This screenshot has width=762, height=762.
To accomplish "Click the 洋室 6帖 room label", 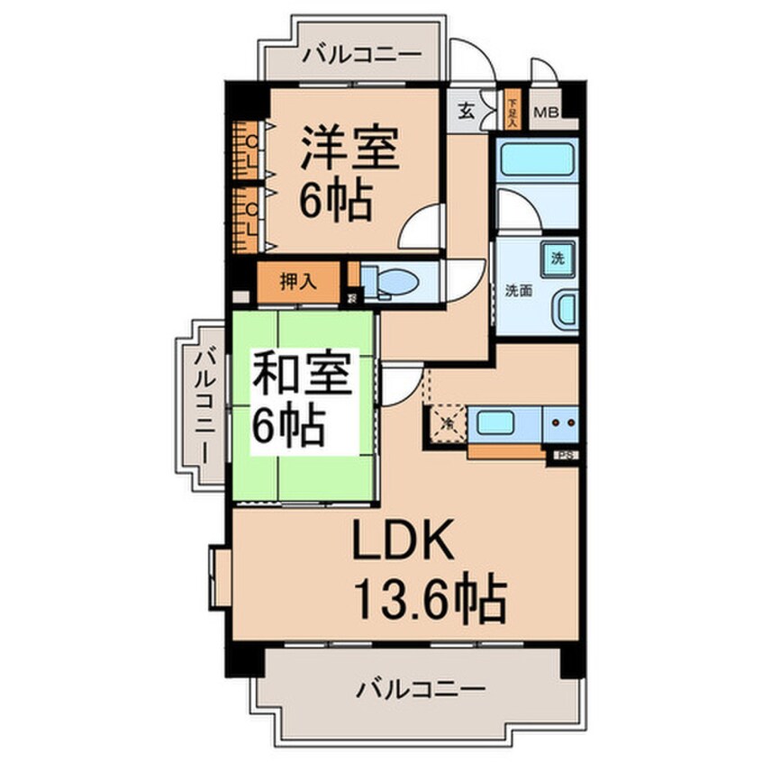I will pyautogui.click(x=348, y=176).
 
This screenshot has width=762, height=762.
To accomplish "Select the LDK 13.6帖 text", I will pyautogui.click(x=423, y=572).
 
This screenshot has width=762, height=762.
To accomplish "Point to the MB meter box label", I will pyautogui.click(x=547, y=113).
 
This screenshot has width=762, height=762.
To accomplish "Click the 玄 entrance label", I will pyautogui.click(x=467, y=110).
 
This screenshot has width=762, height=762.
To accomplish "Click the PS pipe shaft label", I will pyautogui.click(x=566, y=456).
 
